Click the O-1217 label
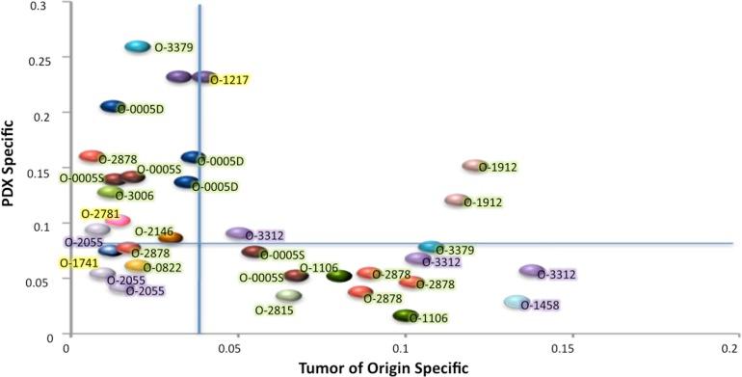coord(229,80)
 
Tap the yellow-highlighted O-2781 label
coord(100,213)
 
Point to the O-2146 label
coord(154,231)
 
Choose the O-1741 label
coord(78,263)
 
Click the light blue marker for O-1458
coord(517,303)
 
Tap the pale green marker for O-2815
coord(288,296)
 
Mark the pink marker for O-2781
coord(118,221)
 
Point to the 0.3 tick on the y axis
coord(46,6)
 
